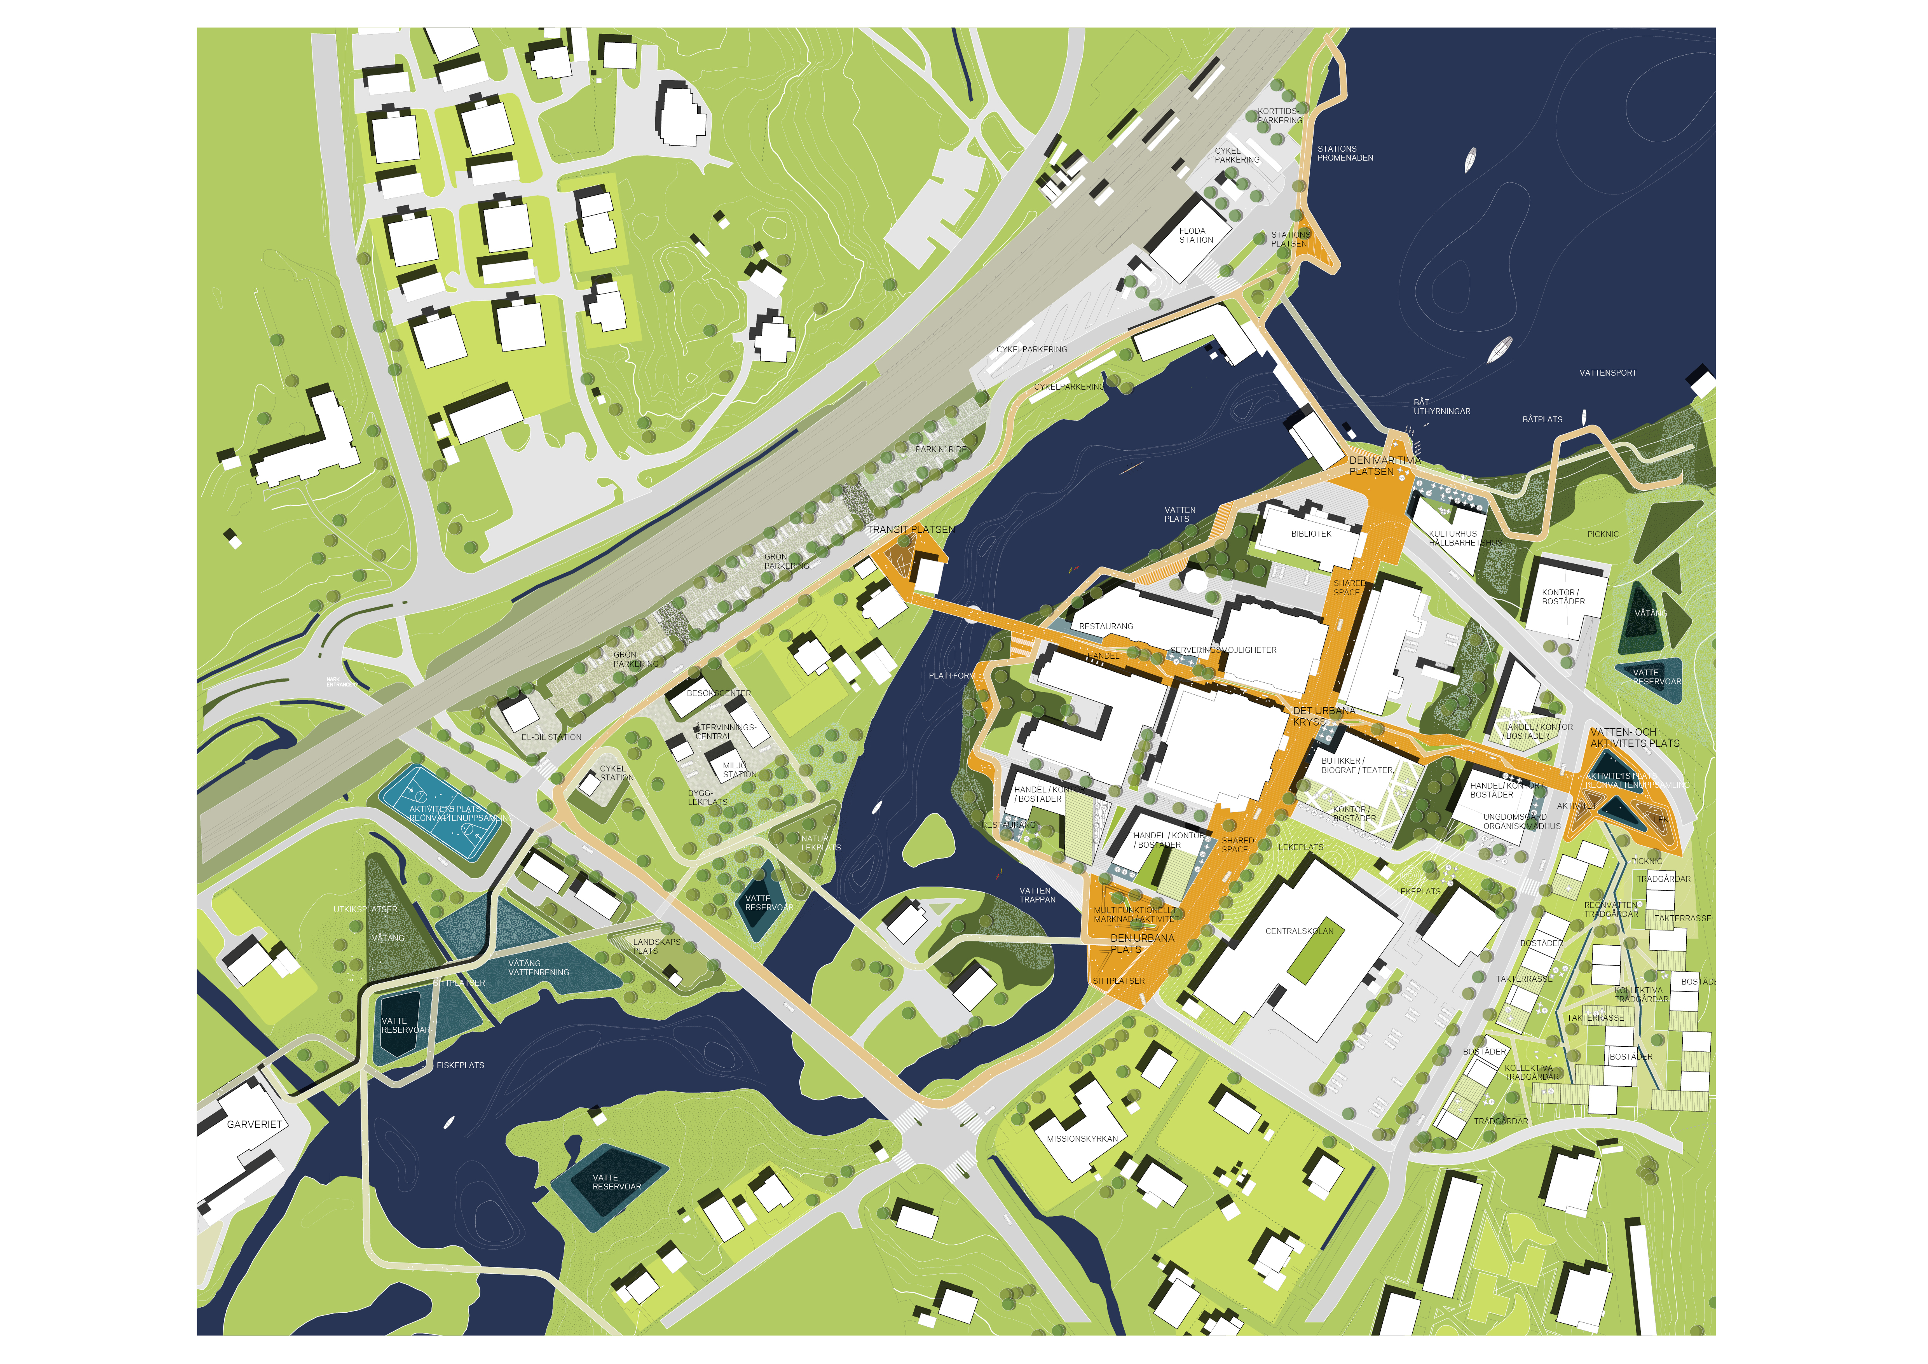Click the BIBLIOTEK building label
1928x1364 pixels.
tap(1311, 534)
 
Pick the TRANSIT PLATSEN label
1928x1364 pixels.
tap(910, 530)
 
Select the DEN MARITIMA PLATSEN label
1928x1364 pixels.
tap(1385, 466)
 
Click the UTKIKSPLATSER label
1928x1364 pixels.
tap(365, 909)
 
